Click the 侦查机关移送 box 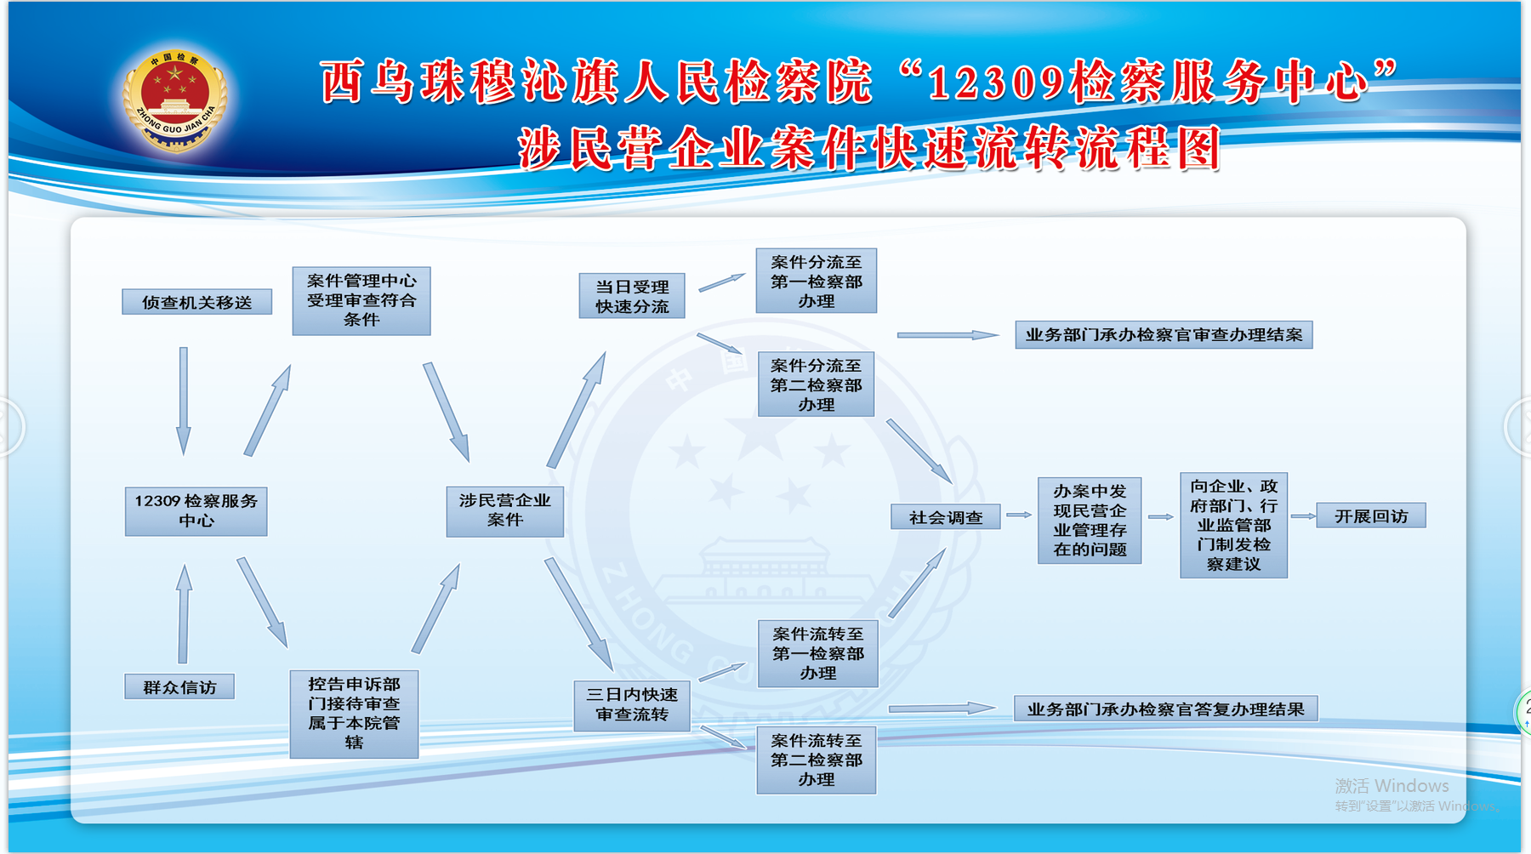[196, 302]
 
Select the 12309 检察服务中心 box [196, 510]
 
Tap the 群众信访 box [179, 686]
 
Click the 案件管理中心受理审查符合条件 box [361, 300]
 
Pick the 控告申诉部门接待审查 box [354, 714]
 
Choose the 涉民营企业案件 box [505, 510]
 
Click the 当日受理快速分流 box [632, 296]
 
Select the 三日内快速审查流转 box [632, 705]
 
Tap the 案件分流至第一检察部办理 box [817, 281]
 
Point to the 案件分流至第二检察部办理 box [817, 384]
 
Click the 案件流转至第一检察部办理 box [818, 653]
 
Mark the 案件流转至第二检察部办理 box [817, 760]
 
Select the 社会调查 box [945, 516]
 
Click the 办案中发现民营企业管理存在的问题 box [1090, 520]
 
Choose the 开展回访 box [1371, 515]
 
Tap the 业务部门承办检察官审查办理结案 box [1164, 334]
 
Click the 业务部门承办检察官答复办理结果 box [1165, 709]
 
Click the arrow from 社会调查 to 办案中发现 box [1019, 515]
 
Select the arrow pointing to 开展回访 [1303, 515]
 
